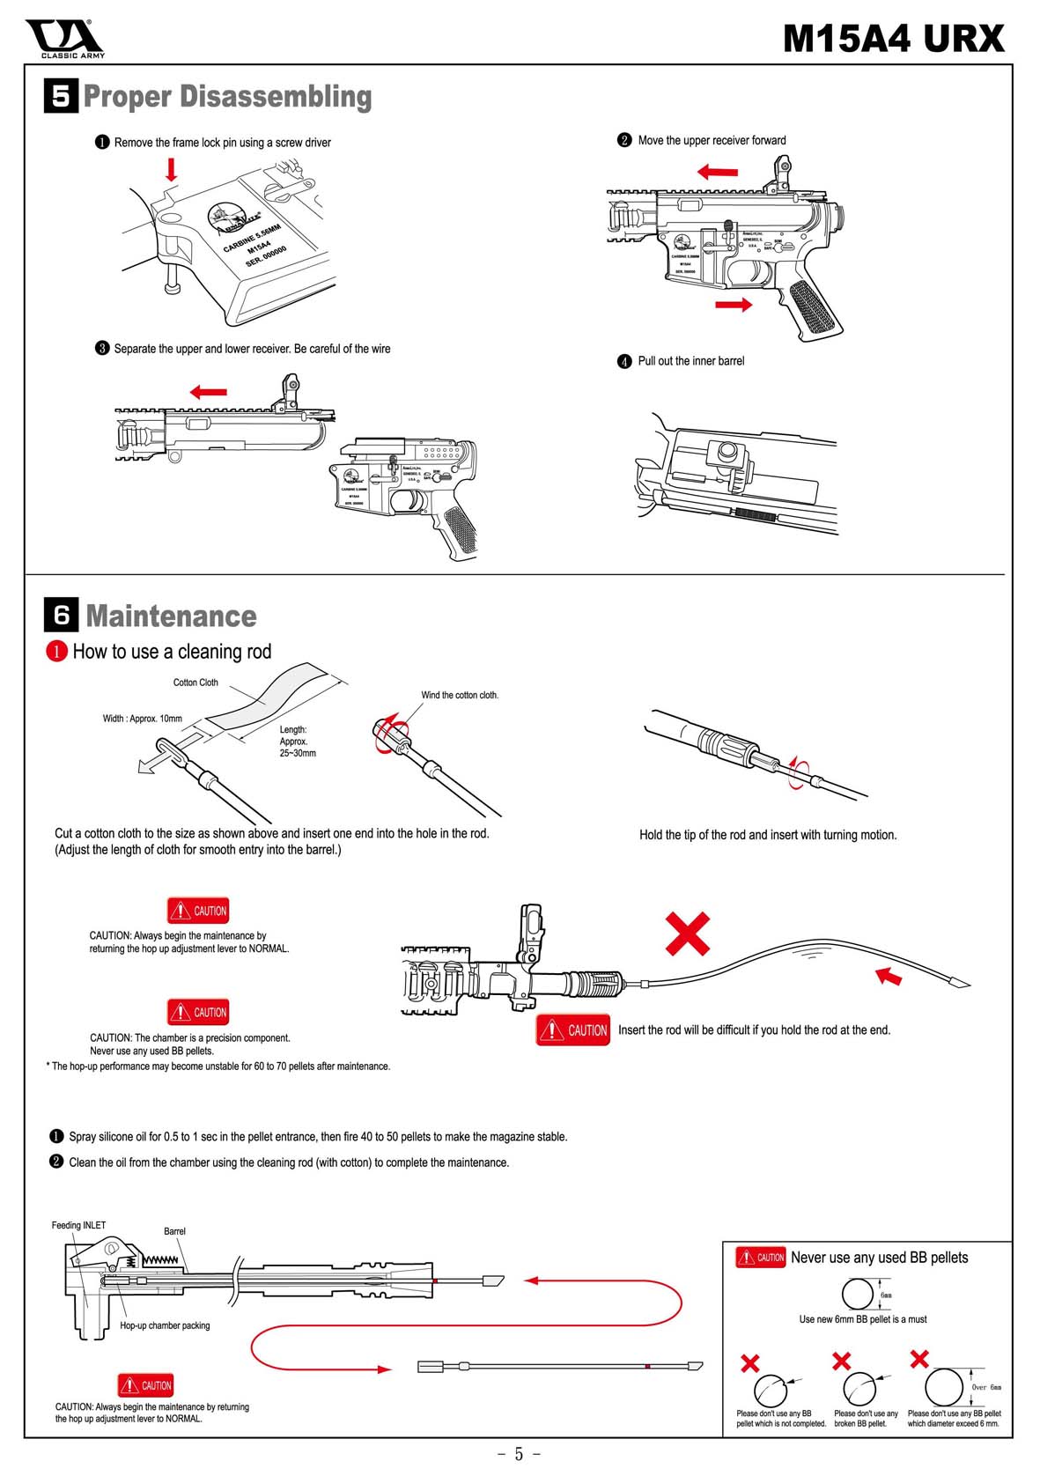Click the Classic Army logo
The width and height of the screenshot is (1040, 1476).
pyautogui.click(x=64, y=39)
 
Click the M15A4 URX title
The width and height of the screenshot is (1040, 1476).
pyautogui.click(x=893, y=39)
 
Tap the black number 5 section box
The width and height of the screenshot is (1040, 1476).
pyautogui.click(x=61, y=96)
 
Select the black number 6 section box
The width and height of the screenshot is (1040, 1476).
pyautogui.click(x=61, y=615)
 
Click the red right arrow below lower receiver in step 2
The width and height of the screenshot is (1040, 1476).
pyautogui.click(x=734, y=305)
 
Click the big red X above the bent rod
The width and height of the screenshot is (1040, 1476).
pyautogui.click(x=687, y=934)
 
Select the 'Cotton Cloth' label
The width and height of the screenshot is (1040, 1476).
pyautogui.click(x=195, y=683)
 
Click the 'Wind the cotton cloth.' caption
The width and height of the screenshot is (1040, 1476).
pyautogui.click(x=460, y=695)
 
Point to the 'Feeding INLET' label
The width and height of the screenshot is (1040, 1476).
pyautogui.click(x=78, y=1225)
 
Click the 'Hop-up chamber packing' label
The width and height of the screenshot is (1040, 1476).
pyautogui.click(x=165, y=1325)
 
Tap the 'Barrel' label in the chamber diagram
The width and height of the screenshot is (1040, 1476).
pyautogui.click(x=174, y=1231)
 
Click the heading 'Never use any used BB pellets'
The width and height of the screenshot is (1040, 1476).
pyautogui.click(x=879, y=1258)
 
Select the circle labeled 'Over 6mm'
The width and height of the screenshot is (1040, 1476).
pyautogui.click(x=943, y=1386)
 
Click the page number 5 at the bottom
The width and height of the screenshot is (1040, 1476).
pyautogui.click(x=519, y=1454)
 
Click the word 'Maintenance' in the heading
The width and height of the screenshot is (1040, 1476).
pyautogui.click(x=172, y=616)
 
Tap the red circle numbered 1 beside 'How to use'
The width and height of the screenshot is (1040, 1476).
pyautogui.click(x=56, y=652)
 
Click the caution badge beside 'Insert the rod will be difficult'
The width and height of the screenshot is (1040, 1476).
pyautogui.click(x=573, y=1030)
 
